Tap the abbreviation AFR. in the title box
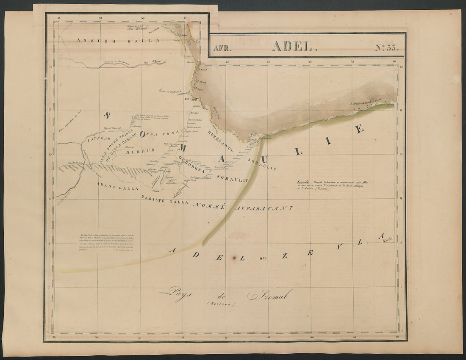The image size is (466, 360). [222, 48]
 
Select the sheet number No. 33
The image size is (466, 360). [387, 47]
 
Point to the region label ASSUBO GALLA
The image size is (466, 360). [118, 40]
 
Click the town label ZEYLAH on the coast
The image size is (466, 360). [191, 99]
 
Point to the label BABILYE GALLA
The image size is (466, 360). [165, 200]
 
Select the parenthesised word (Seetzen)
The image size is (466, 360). [220, 304]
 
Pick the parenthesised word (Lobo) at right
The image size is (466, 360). [388, 239]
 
